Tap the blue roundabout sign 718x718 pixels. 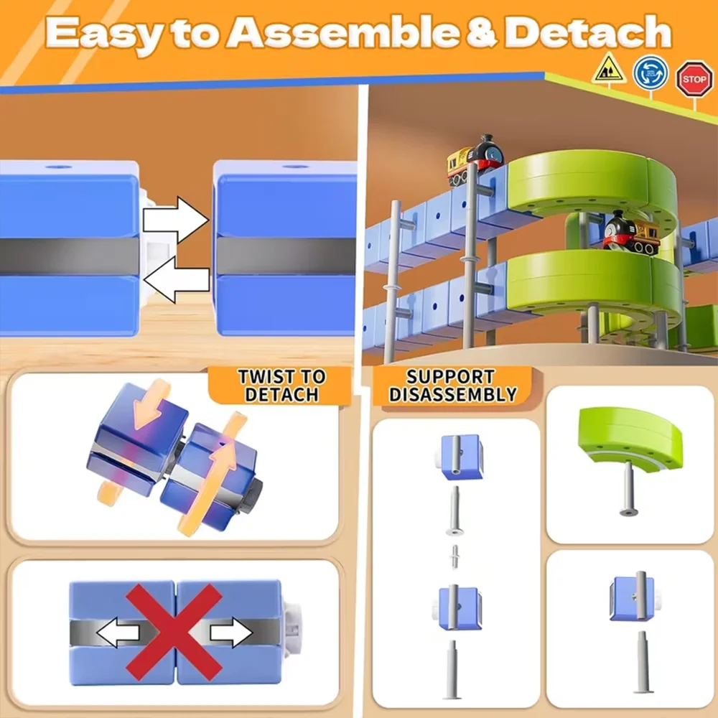pyautogui.click(x=651, y=73)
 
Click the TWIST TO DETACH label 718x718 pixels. pyautogui.click(x=281, y=386)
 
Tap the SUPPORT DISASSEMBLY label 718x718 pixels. pyautogui.click(x=452, y=386)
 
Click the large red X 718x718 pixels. pyautogui.click(x=174, y=632)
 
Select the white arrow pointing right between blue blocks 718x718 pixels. pyautogui.click(x=175, y=219)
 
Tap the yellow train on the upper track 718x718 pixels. pyautogui.click(x=475, y=158)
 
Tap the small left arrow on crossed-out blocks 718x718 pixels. pyautogui.click(x=118, y=633)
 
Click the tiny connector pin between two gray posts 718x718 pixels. pyautogui.click(x=454, y=556)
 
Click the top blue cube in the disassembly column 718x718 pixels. pyautogui.click(x=460, y=457)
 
